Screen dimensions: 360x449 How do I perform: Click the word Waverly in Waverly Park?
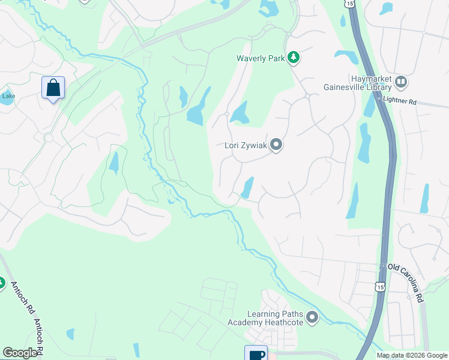tap(251, 58)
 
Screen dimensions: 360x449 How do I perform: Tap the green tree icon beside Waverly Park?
tap(293, 58)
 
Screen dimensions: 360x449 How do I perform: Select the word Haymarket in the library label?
tap(372, 79)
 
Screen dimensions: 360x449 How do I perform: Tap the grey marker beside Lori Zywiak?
tap(276, 145)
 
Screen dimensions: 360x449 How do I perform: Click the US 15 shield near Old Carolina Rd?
tap(380, 287)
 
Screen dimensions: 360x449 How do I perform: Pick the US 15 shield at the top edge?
tap(350, 3)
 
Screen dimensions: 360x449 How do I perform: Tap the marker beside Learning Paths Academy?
tap(312, 317)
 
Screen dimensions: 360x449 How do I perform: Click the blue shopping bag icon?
tap(53, 88)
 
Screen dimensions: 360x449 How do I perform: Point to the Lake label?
tap(8, 96)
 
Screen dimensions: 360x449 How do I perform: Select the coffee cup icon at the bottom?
tap(255, 354)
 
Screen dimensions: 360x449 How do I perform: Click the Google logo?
tap(20, 353)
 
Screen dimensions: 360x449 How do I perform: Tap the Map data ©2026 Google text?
tap(411, 355)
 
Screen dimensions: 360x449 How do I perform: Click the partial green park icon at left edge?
tap(1, 283)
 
